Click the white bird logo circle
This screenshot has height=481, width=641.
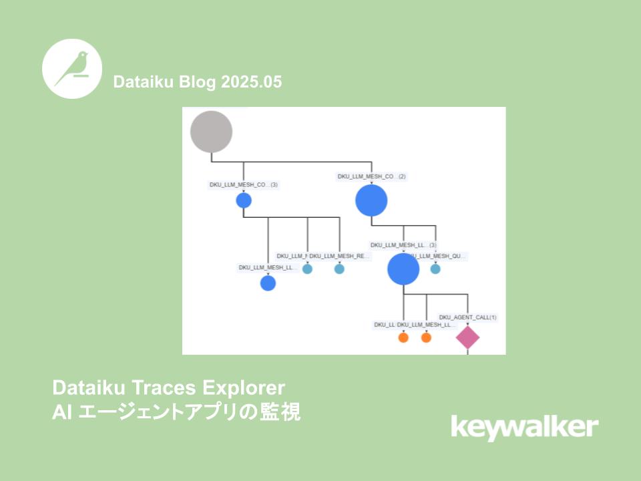pyautogui.click(x=72, y=69)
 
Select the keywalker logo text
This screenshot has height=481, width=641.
pyautogui.click(x=525, y=427)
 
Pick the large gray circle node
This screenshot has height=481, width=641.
pyautogui.click(x=211, y=132)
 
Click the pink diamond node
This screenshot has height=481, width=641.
pyautogui.click(x=467, y=337)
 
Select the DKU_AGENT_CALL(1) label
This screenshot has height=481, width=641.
pyautogui.click(x=467, y=317)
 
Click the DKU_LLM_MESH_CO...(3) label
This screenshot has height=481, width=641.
pyautogui.click(x=243, y=184)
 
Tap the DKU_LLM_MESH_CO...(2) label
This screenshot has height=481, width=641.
pyautogui.click(x=371, y=176)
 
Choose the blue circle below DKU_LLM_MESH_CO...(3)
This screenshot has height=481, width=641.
pyautogui.click(x=244, y=200)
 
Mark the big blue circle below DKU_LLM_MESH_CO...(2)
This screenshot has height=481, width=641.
pyautogui.click(x=371, y=200)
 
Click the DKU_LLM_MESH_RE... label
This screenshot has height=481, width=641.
pyautogui.click(x=340, y=256)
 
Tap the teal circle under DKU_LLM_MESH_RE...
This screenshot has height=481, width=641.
pyautogui.click(x=339, y=269)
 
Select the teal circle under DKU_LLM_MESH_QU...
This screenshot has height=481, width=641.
pyautogui.click(x=435, y=269)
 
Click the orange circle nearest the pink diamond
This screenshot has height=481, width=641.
pyautogui.click(x=426, y=337)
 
